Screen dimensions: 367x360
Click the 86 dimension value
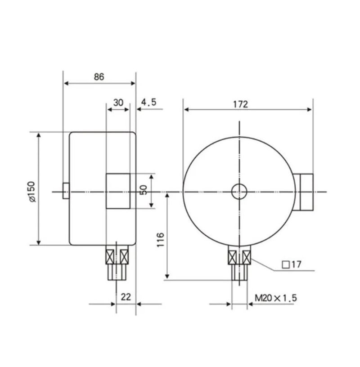(99, 76)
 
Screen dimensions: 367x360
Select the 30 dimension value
(118, 103)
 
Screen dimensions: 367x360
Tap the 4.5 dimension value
(148, 103)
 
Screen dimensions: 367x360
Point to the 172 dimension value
(240, 104)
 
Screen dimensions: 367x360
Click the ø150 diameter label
(31, 192)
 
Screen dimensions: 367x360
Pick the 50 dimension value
(144, 189)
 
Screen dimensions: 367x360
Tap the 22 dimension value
(126, 296)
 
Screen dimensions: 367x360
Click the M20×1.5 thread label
(276, 298)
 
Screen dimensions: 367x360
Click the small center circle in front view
(239, 192)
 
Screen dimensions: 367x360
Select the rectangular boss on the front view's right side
(305, 192)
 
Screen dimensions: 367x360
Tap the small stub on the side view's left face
(66, 192)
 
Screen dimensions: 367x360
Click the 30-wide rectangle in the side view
(118, 191)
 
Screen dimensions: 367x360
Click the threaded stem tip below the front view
(239, 273)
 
